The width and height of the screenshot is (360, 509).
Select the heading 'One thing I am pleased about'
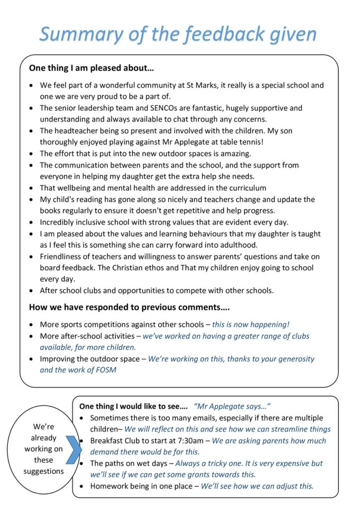[91, 68]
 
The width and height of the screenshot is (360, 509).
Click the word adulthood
[236, 245]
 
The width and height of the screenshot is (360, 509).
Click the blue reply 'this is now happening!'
[251, 324]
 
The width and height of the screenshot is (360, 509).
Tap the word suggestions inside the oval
[43, 471]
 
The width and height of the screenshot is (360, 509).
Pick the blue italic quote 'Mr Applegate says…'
[232, 406]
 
